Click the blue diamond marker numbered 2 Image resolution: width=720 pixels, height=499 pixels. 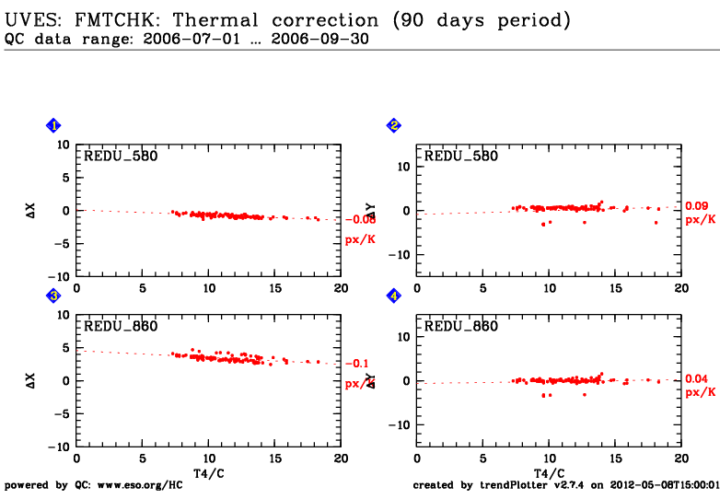[394, 125]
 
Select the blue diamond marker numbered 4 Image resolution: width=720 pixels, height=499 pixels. [394, 296]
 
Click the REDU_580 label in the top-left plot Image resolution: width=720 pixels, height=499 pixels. [121, 157]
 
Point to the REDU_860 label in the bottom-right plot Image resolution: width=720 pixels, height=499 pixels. [460, 327]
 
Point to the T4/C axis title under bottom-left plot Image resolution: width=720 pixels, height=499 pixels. [208, 472]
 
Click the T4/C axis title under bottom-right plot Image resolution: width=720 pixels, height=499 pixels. [549, 472]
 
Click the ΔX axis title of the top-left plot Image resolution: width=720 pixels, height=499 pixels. [30, 211]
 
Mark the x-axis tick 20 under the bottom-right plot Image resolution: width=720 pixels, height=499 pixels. [680, 458]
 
